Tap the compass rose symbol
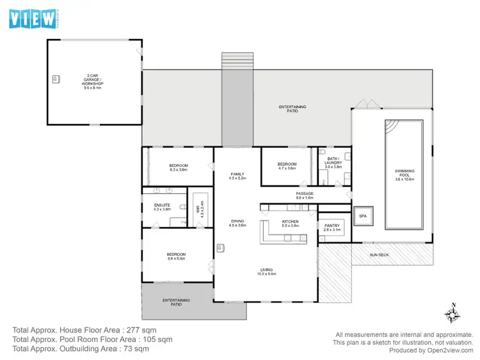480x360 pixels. click(x=453, y=313)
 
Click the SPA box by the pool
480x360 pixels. click(x=363, y=216)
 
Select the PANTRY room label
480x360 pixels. click(x=332, y=224)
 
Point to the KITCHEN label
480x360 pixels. click(x=291, y=221)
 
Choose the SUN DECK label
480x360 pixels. click(x=379, y=255)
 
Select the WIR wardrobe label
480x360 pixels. click(x=198, y=208)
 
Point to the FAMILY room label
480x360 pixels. click(x=237, y=175)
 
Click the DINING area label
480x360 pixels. click(x=237, y=221)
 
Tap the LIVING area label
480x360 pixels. click(x=266, y=269)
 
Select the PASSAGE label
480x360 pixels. click(x=305, y=193)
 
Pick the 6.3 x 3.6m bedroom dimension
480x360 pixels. click(x=179, y=170)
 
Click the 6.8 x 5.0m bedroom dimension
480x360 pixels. click(x=176, y=258)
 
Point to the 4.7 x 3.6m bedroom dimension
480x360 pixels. click(x=287, y=168)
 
